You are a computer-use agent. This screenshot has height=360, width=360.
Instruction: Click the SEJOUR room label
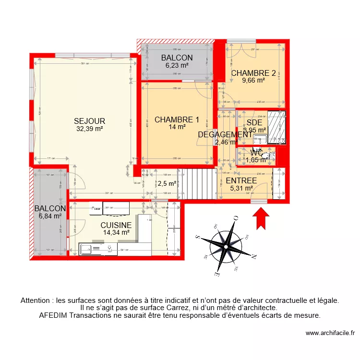(x=89, y=121)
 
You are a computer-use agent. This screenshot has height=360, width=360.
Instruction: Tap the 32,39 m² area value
(x=89, y=129)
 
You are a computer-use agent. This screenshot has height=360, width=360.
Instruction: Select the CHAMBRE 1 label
(x=177, y=120)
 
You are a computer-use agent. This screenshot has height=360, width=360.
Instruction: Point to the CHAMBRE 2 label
(x=253, y=73)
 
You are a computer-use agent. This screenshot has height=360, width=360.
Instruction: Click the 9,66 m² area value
(x=253, y=81)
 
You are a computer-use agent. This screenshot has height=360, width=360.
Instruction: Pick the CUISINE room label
(x=116, y=225)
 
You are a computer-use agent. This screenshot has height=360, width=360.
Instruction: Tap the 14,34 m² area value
(x=116, y=232)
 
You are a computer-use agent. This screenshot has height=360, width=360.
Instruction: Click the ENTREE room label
(x=241, y=181)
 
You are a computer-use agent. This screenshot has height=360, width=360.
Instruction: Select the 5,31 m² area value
(x=241, y=188)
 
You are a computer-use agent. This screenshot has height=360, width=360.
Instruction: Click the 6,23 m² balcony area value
(x=177, y=65)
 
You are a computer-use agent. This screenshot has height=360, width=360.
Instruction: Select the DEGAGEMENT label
(x=225, y=135)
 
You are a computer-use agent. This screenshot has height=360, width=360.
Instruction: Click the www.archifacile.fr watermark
(x=329, y=333)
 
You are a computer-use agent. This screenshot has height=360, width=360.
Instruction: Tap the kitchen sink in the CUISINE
(x=87, y=249)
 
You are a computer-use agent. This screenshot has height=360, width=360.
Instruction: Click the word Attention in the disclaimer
(x=36, y=300)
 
